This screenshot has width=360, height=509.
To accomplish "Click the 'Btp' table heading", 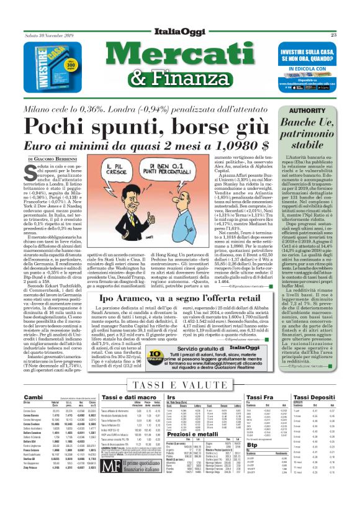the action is point(251,461).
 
